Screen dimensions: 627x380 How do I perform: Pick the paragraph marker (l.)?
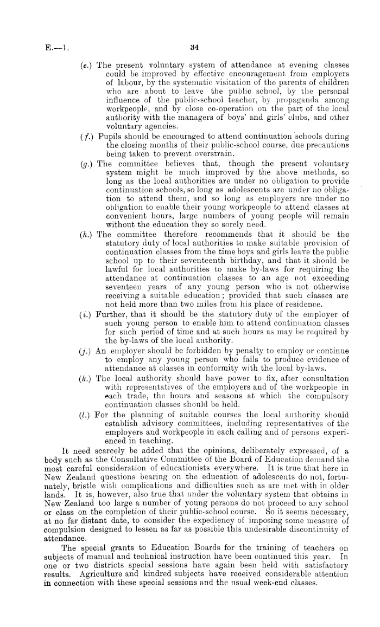85,400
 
